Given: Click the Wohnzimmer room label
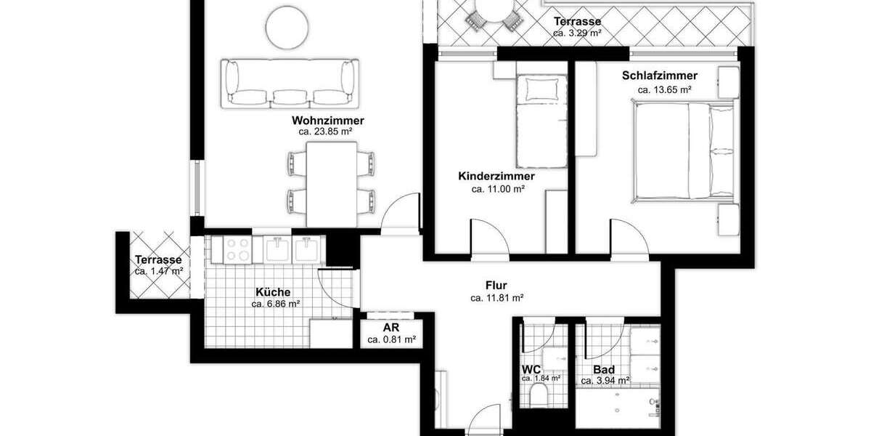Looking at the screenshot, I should coord(328,121).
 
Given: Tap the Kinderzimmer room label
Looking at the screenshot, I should coord(496,177).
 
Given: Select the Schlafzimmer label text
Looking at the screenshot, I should coord(660,76).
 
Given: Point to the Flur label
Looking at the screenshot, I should coord(496,285).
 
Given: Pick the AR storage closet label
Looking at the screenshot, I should coord(390,328).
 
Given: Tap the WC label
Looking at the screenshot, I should coord(531,369).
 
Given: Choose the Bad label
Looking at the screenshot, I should coord(604,369).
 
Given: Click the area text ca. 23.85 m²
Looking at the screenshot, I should coord(325,132).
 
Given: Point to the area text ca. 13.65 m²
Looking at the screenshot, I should coord(664,89).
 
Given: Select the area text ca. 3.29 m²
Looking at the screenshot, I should coord(577,33).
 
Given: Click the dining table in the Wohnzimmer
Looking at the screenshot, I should coord(332,183).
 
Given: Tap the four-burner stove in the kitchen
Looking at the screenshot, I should coord(237,250).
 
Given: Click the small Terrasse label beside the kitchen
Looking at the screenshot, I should coord(158,260).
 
